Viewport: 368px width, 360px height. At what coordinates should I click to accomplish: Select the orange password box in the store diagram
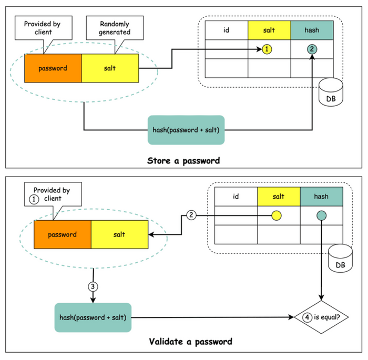tap(53, 68)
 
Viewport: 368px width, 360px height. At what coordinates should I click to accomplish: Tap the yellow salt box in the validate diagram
tap(119, 235)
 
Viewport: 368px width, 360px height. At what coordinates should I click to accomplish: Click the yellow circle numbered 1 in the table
tap(268, 49)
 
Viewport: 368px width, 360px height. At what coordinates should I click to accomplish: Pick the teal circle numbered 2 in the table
tap(311, 49)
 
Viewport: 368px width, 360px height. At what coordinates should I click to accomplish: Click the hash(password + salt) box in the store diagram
tap(186, 130)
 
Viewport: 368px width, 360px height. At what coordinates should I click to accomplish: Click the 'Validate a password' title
tap(183, 342)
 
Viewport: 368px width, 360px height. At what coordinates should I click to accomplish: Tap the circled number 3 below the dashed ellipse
tap(93, 287)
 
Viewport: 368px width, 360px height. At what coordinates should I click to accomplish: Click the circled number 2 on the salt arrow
tap(191, 215)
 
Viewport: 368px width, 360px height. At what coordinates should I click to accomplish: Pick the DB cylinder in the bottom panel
tap(341, 261)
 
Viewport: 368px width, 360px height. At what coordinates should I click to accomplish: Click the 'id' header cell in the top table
tap(226, 30)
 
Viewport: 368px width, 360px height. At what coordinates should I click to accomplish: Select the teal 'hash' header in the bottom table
tap(321, 197)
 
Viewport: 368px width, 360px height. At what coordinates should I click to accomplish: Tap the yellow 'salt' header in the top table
tap(269, 30)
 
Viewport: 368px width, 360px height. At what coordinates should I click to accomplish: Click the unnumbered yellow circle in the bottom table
tap(278, 215)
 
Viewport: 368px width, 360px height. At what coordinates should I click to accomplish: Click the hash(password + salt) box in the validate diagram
tap(93, 317)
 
